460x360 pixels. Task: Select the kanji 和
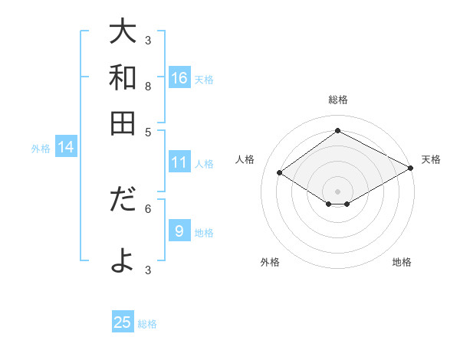123,77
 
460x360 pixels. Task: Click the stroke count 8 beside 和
148,87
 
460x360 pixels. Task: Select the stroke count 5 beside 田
148,132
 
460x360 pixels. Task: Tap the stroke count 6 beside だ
148,208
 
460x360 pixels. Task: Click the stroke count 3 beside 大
148,40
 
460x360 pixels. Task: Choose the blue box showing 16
179,78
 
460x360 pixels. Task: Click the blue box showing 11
179,162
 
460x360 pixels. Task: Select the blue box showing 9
179,231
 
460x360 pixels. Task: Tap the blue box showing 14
66,148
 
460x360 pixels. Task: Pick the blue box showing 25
123,322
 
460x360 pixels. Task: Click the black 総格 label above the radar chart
337,100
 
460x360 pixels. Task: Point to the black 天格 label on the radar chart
431,159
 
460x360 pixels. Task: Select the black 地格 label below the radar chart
402,262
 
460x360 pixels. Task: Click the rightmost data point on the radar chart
411,169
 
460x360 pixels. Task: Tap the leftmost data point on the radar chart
280,173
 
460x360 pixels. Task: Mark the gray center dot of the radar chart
337,191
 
